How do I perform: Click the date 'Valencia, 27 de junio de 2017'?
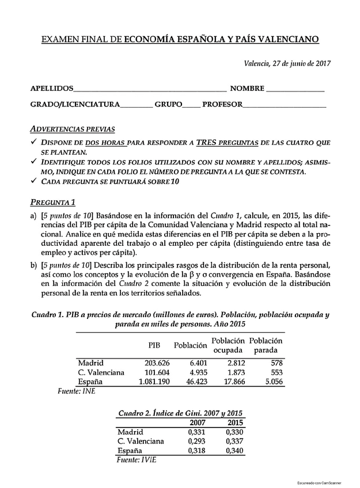coord(287,63)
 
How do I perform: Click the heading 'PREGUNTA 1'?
coord(53,202)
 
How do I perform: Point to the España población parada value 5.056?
coord(272,381)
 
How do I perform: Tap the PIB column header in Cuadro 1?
coord(154,345)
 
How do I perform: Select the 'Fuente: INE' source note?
coord(77,391)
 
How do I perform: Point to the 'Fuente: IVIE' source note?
coord(136,460)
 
